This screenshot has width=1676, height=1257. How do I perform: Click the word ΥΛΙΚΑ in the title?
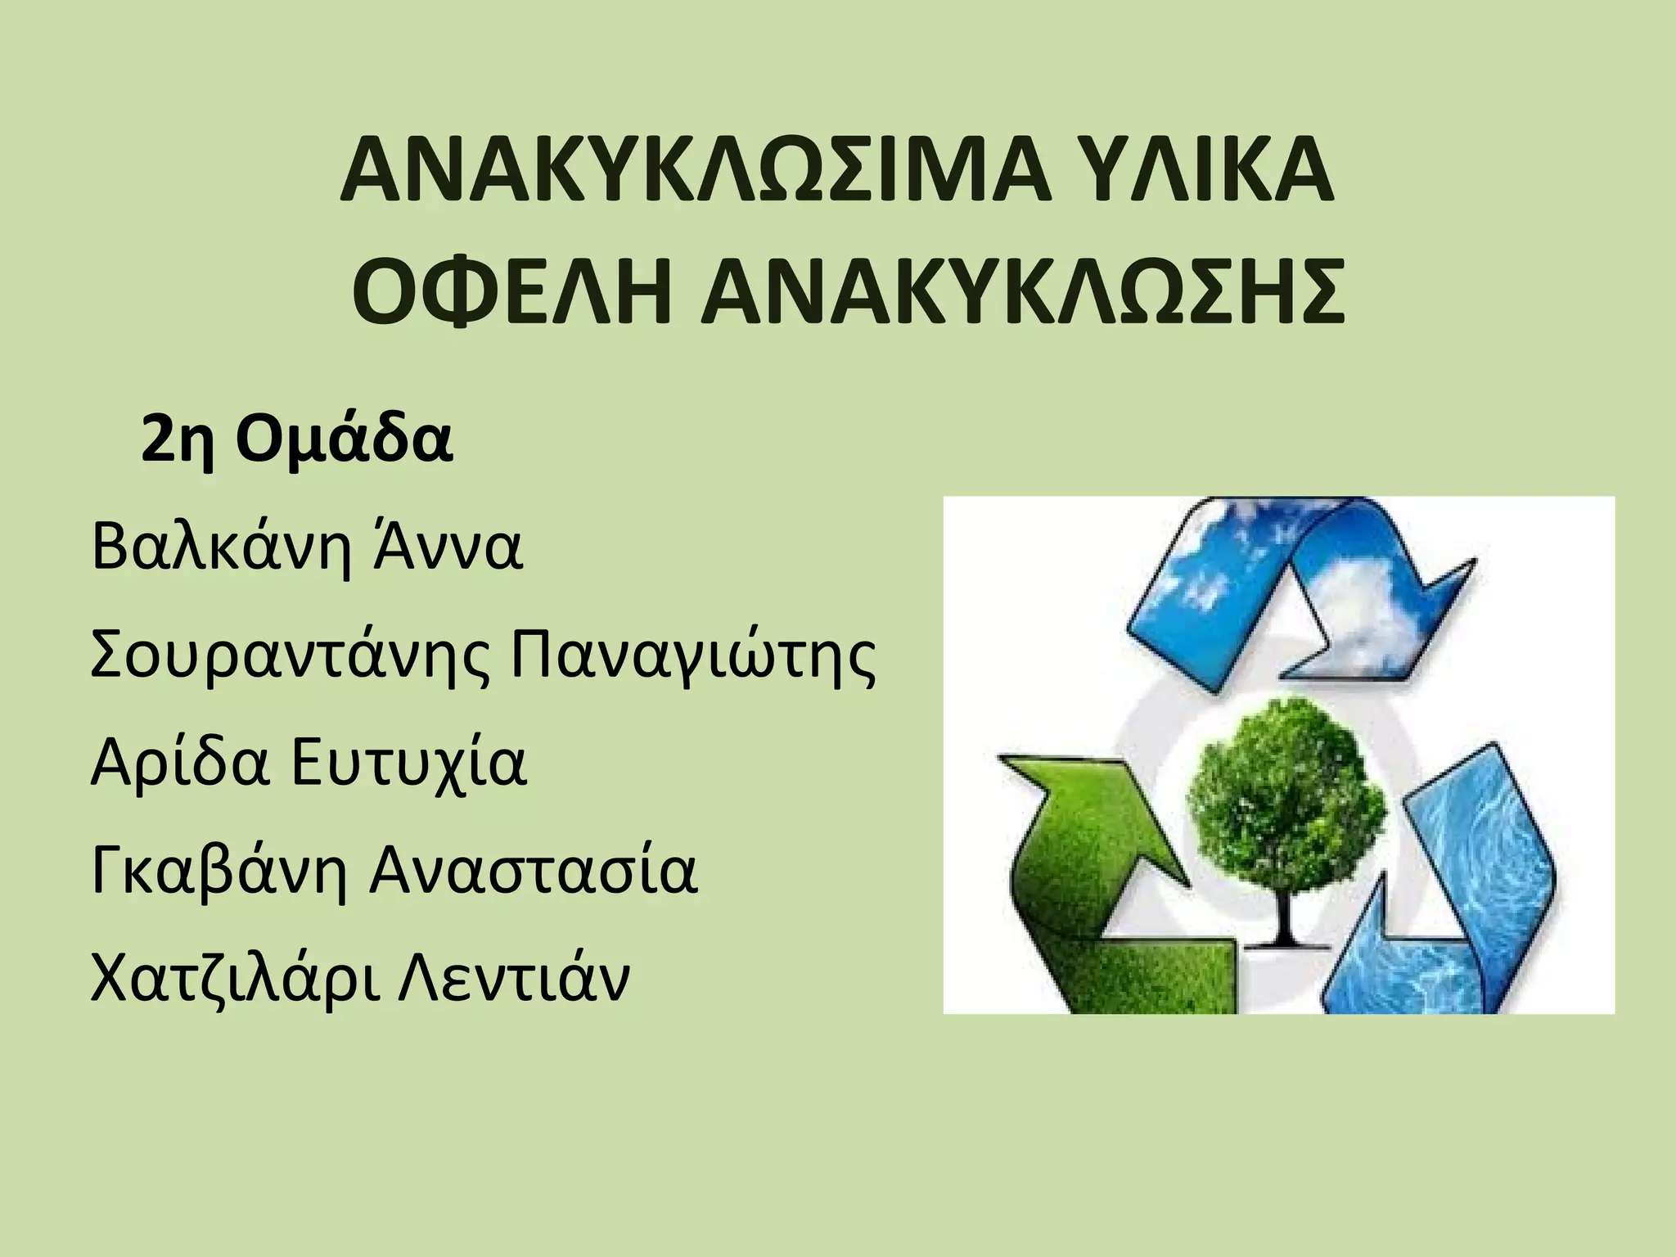(1202, 173)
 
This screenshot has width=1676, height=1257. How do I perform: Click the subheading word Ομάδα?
(344, 439)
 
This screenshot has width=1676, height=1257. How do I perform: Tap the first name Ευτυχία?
(409, 763)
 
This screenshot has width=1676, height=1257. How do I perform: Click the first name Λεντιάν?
(514, 979)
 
